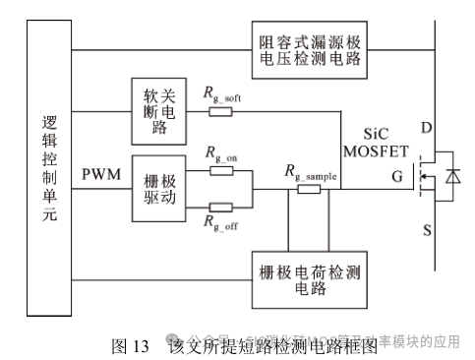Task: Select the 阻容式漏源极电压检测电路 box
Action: point(308,49)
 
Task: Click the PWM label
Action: point(100,174)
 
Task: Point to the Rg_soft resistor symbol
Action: point(219,112)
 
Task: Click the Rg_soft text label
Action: point(225,94)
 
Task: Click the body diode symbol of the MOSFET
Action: point(451,175)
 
